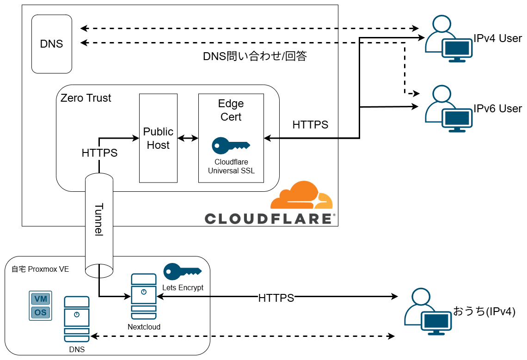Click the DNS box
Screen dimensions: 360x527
pos(52,44)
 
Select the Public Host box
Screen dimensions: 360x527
pos(158,138)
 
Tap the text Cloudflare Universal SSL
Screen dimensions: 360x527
pos(231,166)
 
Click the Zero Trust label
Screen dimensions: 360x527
pos(86,98)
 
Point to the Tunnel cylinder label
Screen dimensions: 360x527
pos(99,220)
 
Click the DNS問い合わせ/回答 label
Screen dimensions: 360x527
pos(255,56)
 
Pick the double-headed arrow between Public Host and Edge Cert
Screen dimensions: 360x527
pos(188,138)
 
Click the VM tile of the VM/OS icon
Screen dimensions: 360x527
pos(41,299)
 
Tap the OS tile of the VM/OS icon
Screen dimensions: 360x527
pos(41,312)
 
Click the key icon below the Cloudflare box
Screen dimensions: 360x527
pos(182,271)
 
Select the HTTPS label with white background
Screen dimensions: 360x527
pos(276,298)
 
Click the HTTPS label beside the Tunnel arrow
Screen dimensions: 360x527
pos(99,153)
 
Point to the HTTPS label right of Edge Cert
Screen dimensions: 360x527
pos(310,125)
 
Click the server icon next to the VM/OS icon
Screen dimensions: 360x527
pos(77,319)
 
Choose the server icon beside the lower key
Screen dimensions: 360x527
pos(143,296)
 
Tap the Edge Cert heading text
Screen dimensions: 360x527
pos(231,110)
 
